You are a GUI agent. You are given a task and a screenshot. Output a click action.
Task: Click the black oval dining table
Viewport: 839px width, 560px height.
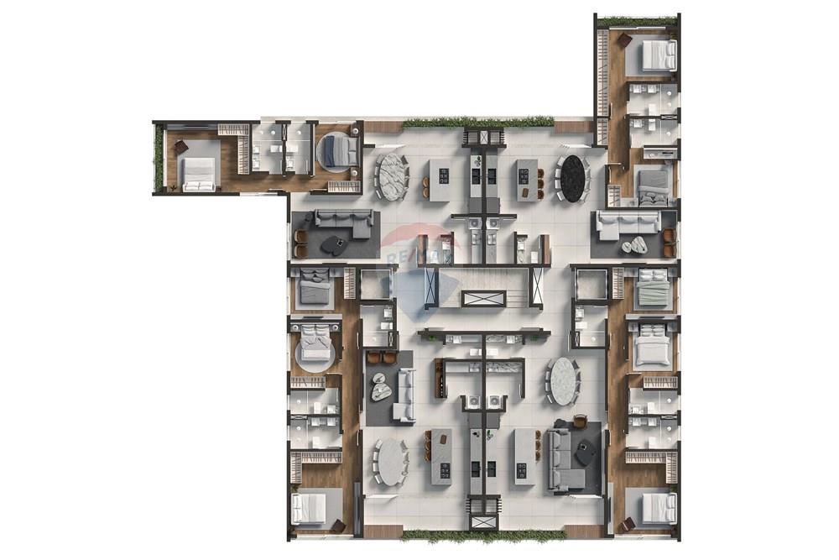[573, 177]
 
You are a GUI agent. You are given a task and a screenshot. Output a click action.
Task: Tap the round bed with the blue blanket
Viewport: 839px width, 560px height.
[337, 151]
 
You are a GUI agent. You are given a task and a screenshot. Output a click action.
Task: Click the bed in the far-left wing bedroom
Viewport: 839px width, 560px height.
[199, 175]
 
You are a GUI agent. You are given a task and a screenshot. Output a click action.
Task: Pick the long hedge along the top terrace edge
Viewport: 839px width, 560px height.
[477, 123]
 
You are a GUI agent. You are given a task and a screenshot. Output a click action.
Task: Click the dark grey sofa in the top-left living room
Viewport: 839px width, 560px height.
[341, 222]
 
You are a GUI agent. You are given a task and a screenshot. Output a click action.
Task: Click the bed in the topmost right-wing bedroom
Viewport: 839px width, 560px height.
[658, 55]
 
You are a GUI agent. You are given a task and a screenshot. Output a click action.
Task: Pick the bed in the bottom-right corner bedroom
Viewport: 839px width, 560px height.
[657, 507]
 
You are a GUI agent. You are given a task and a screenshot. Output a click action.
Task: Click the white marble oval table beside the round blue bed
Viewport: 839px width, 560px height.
[391, 176]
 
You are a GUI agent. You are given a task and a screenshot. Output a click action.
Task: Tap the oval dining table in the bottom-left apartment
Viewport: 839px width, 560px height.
[391, 462]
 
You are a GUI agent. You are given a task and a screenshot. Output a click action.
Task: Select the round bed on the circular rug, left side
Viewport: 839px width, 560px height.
[316, 346]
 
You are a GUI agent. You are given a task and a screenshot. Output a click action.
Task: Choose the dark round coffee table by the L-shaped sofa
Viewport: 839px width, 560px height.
[585, 453]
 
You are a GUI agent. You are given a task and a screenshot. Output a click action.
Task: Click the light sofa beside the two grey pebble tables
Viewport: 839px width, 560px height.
[404, 395]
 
